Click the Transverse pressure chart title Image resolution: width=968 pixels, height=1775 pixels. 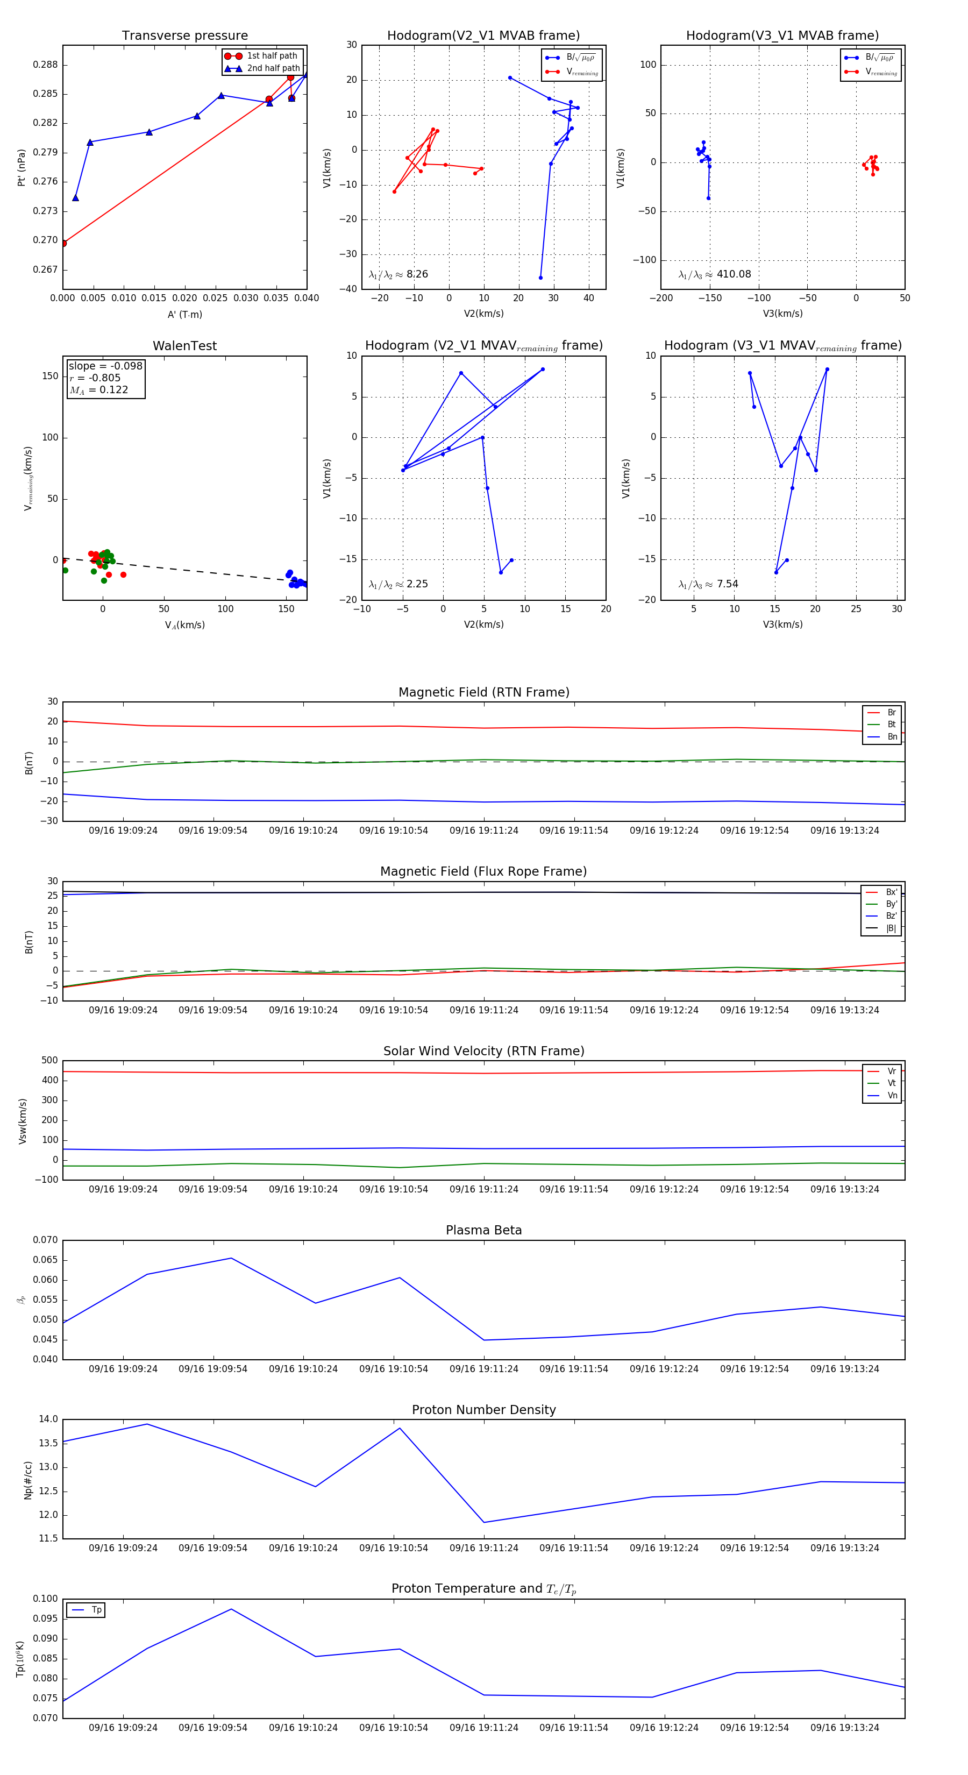(184, 36)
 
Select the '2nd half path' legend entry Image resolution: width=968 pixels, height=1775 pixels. (273, 68)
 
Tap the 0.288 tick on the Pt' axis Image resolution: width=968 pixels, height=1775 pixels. (46, 65)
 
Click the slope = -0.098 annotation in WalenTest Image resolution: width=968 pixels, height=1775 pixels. (105, 366)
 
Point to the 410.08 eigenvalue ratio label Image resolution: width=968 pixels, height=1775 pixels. (733, 274)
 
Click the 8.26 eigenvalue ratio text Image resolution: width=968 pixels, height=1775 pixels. (417, 274)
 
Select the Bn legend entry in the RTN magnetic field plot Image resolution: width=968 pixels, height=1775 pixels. (892, 736)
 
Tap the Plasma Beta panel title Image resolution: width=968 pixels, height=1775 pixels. (483, 1230)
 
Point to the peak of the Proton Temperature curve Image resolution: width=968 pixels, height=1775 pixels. (231, 1609)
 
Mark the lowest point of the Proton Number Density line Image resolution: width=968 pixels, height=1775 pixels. (483, 1522)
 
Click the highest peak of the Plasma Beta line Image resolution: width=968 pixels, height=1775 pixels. (231, 1258)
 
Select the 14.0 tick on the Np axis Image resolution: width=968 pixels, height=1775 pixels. (48, 1419)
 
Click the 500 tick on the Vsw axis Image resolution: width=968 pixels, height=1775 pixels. (49, 1061)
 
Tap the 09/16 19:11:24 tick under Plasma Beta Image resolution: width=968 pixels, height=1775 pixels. (483, 1368)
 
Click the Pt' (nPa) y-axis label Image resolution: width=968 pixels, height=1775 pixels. (22, 167)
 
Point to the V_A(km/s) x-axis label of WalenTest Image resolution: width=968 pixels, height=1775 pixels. (184, 625)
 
